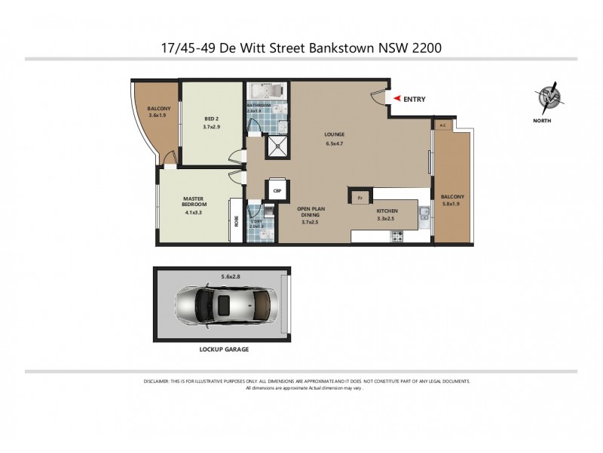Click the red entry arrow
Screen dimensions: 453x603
(394, 99)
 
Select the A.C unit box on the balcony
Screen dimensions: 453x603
(442, 125)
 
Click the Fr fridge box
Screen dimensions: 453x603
(360, 198)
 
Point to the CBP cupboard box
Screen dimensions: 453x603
(277, 191)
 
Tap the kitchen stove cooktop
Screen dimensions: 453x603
(396, 237)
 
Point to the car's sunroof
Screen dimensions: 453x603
(224, 304)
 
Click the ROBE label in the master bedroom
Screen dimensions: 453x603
(237, 222)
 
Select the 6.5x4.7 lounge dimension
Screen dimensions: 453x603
(333, 143)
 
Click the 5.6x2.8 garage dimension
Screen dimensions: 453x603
(231, 276)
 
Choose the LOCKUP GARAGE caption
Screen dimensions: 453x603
(224, 350)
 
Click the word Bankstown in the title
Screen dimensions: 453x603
(343, 47)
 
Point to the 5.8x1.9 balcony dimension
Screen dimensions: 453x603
(453, 204)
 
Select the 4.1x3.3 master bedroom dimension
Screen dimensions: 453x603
(194, 212)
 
